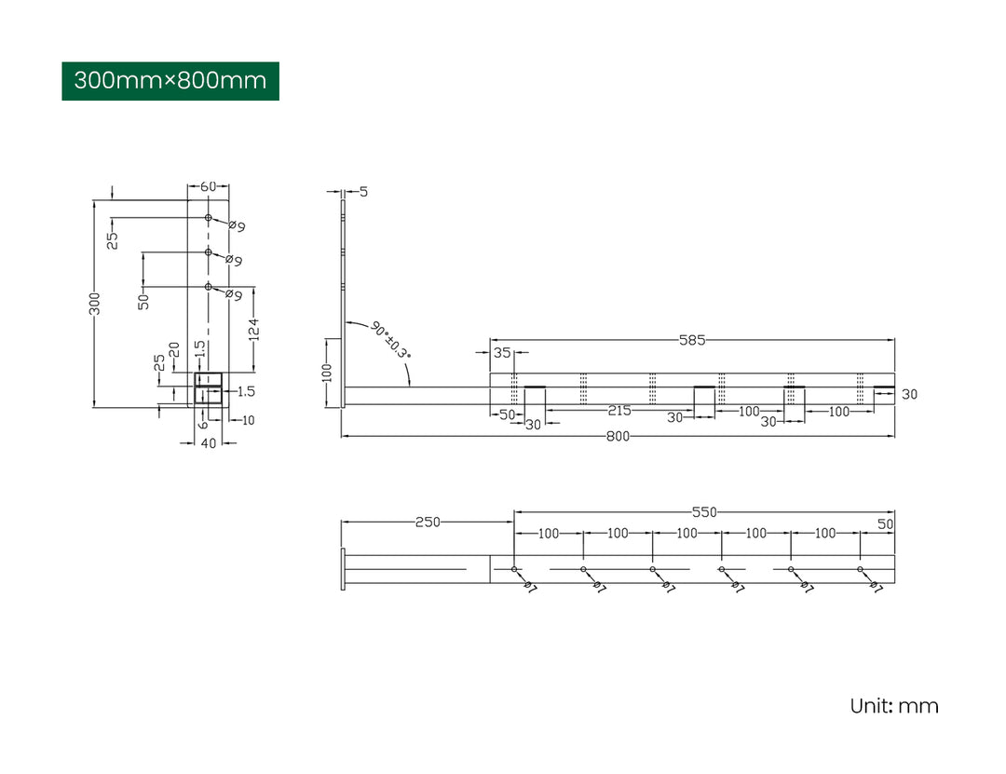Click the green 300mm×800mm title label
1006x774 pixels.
[170, 80]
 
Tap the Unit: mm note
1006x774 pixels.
[893, 706]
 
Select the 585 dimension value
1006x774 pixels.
[691, 340]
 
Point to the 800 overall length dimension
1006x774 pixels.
[618, 436]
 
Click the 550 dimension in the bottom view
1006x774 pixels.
[703, 511]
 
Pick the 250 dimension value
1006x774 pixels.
[428, 523]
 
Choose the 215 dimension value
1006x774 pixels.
[620, 411]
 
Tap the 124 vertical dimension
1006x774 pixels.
[253, 328]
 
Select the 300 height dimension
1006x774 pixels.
[94, 303]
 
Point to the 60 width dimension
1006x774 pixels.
[208, 186]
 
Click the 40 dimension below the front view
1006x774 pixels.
[208, 443]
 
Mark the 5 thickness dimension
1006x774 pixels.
[363, 192]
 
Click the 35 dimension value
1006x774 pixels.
[502, 353]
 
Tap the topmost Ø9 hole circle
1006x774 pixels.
[209, 218]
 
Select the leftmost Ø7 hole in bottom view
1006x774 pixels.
[514, 569]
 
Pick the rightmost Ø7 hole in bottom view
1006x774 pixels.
[860, 569]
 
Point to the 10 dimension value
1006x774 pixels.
[248, 420]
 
